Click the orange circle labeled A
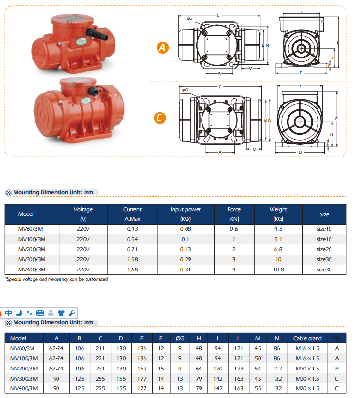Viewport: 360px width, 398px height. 163,47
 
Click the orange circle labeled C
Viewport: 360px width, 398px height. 160,118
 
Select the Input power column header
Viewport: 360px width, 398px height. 186,210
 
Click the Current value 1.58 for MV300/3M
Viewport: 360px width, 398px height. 132,259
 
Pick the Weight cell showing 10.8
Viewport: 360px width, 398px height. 278,270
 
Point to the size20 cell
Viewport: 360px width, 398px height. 324,249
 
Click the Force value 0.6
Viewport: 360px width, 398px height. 234,229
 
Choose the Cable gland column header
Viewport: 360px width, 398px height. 307,338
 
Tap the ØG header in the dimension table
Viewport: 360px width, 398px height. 180,338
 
